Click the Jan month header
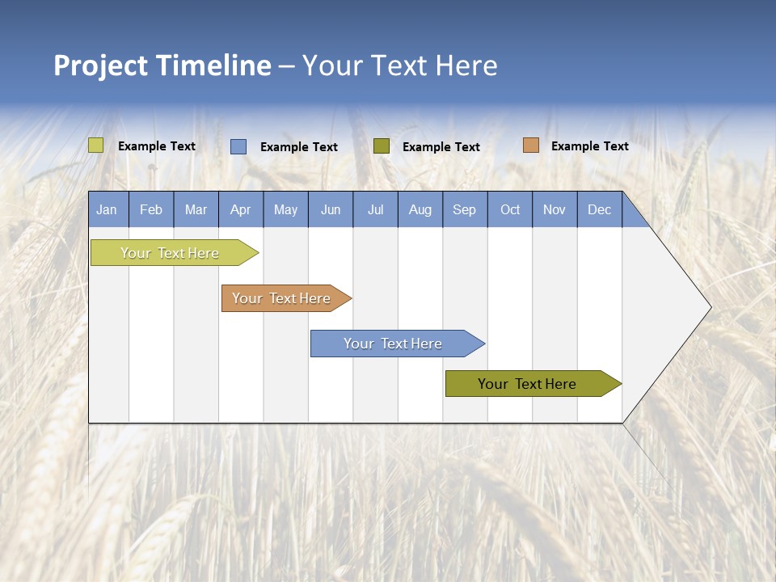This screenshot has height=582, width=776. click(107, 209)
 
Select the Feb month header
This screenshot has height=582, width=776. click(151, 209)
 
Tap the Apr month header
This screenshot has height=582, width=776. click(240, 209)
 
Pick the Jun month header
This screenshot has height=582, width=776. click(331, 209)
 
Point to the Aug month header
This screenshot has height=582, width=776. click(420, 209)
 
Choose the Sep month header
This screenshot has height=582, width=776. click(465, 209)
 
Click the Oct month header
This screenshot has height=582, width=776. click(510, 209)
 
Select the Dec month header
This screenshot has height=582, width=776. click(600, 209)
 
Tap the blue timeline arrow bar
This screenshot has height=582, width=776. click(394, 344)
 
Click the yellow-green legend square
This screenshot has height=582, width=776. click(96, 145)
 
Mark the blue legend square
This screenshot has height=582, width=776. click(238, 146)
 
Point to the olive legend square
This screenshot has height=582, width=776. click(382, 145)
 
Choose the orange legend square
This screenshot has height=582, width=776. click(530, 145)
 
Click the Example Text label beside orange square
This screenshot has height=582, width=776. click(589, 146)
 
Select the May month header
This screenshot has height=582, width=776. click(285, 209)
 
